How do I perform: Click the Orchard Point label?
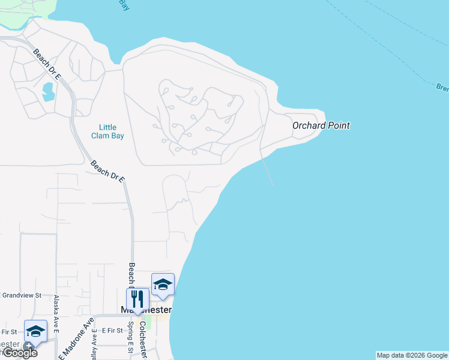321,125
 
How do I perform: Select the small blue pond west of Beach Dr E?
47,92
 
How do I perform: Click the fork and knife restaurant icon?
137,298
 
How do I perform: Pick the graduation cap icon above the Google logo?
35,331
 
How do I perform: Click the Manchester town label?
146,310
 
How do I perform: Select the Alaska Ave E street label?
56,314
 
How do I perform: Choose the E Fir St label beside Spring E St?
112,330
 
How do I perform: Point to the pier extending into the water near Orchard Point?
267,170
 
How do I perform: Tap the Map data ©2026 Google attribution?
412,355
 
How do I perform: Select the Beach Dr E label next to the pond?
47,65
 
